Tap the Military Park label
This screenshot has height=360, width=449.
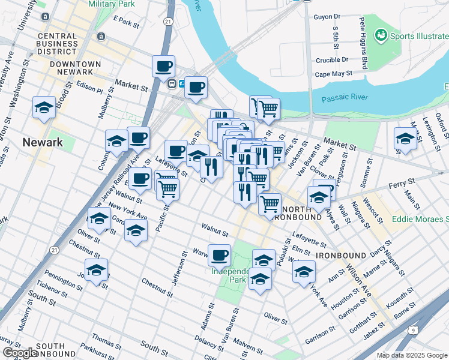point(112,4)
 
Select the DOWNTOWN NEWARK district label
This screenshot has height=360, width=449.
point(76,64)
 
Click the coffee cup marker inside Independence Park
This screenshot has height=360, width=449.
point(219,255)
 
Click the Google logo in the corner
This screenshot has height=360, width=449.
point(19,353)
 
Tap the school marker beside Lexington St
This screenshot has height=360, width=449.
point(405,139)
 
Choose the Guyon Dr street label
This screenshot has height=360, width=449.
point(327,17)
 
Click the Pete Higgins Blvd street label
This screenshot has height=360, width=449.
point(363,43)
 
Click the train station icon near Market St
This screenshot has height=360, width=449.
point(172,83)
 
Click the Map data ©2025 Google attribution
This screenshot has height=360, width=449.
point(412,355)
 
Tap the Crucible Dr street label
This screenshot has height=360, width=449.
point(332,60)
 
